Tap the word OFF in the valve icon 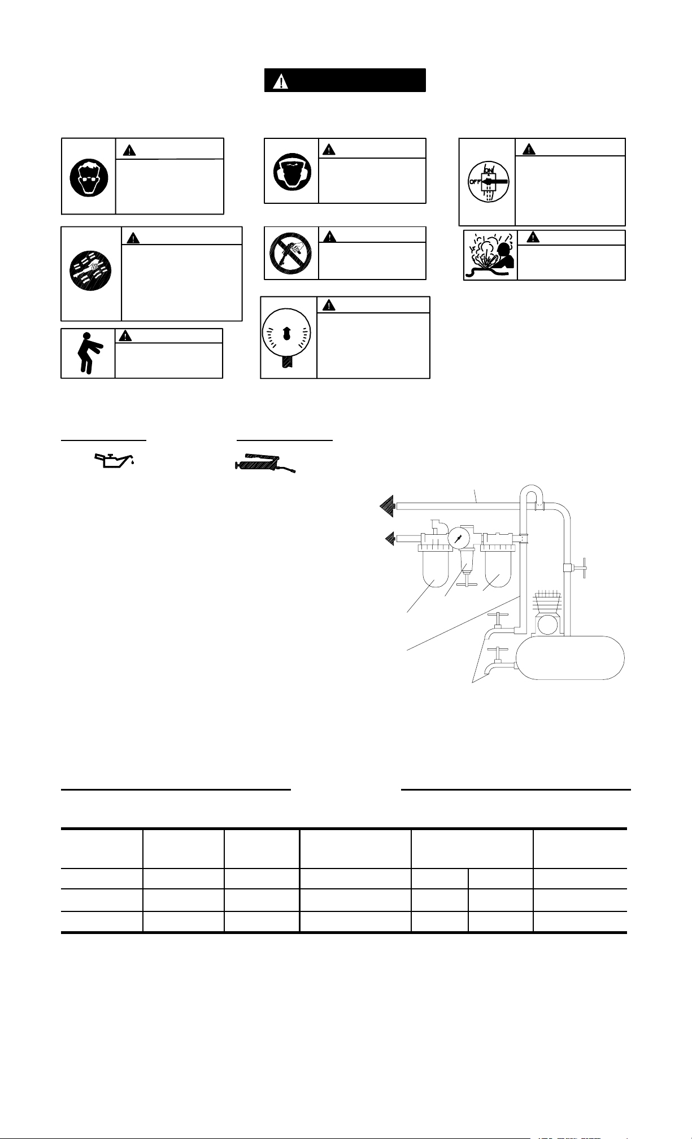click(475, 182)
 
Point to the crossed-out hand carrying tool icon click(291, 252)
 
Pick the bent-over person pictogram click(87, 354)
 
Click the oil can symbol click(114, 459)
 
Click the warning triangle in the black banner click(280, 81)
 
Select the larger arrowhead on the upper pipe click(388, 507)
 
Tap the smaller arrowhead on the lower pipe click(390, 539)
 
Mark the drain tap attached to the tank click(497, 662)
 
